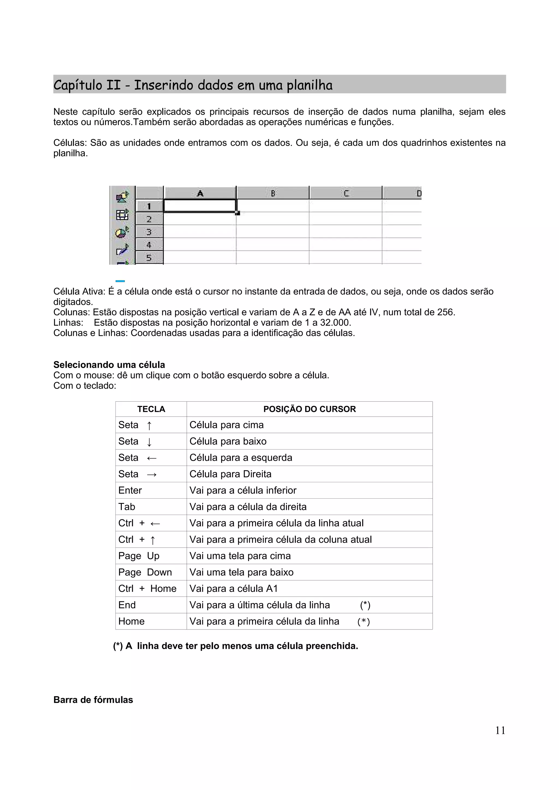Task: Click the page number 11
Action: (x=500, y=730)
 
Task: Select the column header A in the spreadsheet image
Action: (x=200, y=193)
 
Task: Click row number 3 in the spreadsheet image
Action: (x=149, y=232)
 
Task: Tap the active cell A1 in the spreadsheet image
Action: (x=200, y=206)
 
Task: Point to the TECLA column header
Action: (x=151, y=409)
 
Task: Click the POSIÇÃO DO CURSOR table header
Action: (x=309, y=409)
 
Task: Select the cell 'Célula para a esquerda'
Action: (x=241, y=458)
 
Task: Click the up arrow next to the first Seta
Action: (x=149, y=426)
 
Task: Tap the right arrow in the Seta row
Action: (x=151, y=475)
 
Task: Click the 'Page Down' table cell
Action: (x=145, y=572)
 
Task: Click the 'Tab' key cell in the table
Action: (x=127, y=507)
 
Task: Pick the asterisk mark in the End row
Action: (x=365, y=605)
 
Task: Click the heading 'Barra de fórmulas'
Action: (x=93, y=700)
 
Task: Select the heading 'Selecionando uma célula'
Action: (x=109, y=365)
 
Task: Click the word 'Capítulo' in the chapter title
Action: (x=78, y=85)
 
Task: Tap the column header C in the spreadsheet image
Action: (x=346, y=193)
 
